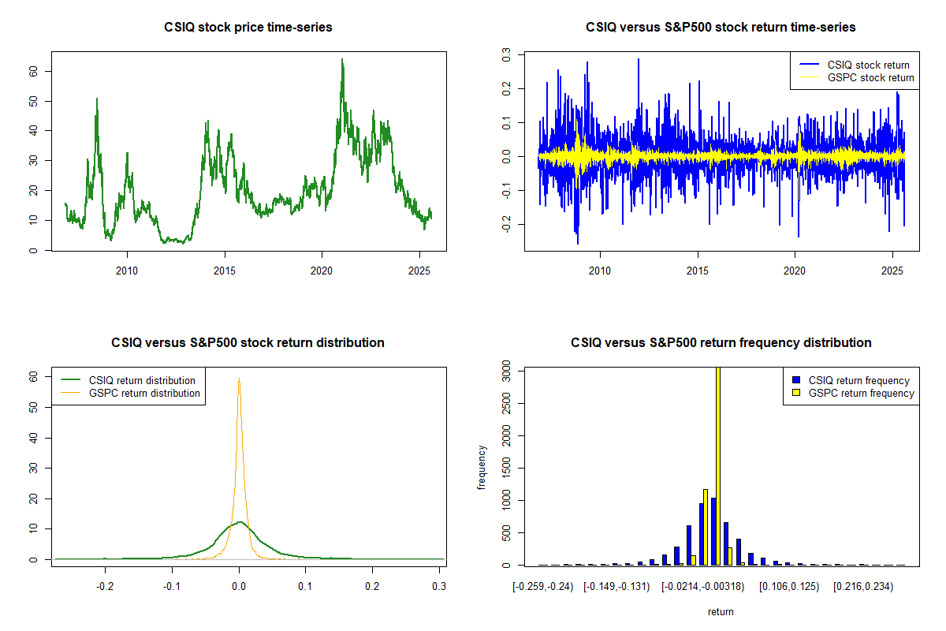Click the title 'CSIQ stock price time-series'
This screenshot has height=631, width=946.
coord(248,28)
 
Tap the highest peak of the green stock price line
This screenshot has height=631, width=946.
coord(342,59)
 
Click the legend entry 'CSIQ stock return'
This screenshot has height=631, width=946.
coord(868,65)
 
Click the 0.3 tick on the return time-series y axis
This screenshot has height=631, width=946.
coord(507,54)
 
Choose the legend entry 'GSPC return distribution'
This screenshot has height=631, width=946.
coord(144,393)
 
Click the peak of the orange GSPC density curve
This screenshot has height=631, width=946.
coord(238,379)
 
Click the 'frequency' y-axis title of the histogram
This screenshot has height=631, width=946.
coord(482,468)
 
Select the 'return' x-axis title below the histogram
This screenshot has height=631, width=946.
coord(721,611)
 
